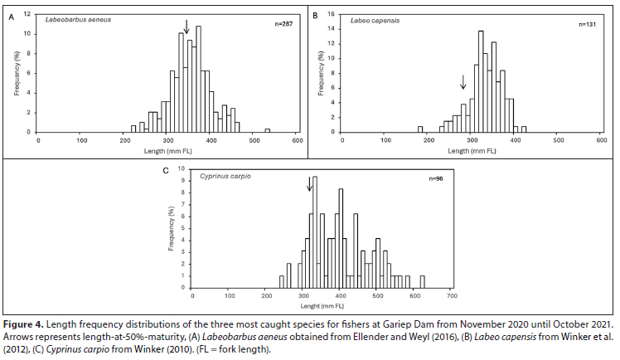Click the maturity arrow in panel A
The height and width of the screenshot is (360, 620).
tap(186, 27)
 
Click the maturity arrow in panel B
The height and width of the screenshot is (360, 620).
tap(463, 82)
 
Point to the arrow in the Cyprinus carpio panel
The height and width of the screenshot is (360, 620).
tap(311, 183)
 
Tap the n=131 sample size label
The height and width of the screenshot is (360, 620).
tap(589, 24)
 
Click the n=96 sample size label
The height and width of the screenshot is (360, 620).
tap(437, 178)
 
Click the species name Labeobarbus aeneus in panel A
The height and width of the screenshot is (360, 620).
tap(78, 17)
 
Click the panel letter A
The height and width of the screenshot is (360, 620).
tap(11, 16)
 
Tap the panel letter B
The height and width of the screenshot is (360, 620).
tap(315, 16)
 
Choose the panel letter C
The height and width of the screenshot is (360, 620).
tap(166, 171)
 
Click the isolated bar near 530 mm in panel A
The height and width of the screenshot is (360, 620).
tap(267, 130)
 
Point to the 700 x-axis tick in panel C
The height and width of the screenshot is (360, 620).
tap(450, 295)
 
